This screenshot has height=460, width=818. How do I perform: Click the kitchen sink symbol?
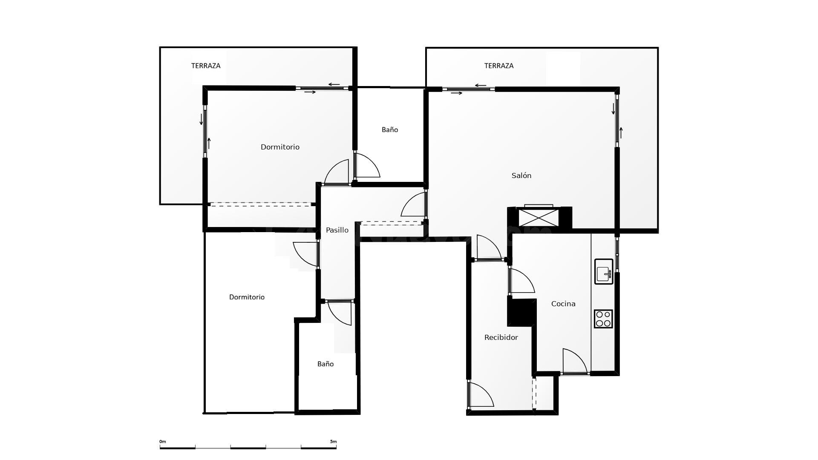click(604, 271)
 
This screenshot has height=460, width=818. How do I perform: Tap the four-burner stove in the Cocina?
click(603, 319)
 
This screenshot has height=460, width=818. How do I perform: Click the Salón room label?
click(521, 175)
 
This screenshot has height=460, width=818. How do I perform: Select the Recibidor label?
click(501, 337)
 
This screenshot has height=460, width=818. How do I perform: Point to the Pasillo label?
click(337, 230)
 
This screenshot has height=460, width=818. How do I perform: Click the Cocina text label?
click(563, 304)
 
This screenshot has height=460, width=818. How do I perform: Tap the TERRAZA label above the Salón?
click(499, 66)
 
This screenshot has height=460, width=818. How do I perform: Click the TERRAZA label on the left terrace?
click(206, 66)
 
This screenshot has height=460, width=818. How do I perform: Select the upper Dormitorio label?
click(280, 147)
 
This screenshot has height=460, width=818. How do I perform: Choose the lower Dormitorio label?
click(247, 297)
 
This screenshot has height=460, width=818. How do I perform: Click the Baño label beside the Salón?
click(390, 129)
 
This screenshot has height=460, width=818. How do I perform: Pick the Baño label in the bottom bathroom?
click(325, 364)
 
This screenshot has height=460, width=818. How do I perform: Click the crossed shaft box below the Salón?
click(539, 218)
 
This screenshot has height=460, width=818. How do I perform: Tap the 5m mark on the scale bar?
click(333, 441)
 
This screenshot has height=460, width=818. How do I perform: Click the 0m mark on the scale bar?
click(163, 441)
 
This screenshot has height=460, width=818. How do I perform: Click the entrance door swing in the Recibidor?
click(481, 394)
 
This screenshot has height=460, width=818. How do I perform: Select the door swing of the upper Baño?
click(367, 165)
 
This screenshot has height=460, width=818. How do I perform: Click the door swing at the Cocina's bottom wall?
click(575, 361)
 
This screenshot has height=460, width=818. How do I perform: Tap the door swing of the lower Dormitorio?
click(305, 254)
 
